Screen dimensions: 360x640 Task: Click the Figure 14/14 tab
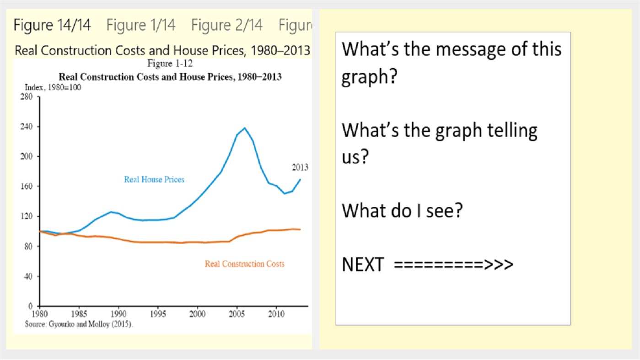point(52,25)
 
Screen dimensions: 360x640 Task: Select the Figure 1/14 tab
point(141,25)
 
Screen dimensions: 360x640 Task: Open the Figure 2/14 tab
point(227,25)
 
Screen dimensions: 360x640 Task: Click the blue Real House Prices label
point(154,180)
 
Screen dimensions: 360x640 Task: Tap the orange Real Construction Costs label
point(244,264)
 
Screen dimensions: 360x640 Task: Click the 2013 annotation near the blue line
point(300,167)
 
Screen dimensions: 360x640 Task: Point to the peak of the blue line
point(245,128)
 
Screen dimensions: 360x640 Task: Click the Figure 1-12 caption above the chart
point(170,64)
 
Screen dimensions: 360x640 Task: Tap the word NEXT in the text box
point(362,264)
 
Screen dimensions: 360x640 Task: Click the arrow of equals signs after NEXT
point(453,264)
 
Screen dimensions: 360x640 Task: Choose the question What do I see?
point(403,210)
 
